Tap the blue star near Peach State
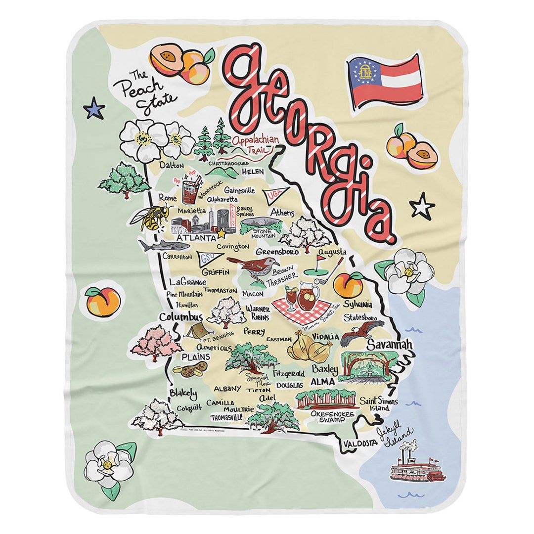[94, 108]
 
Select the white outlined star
[422, 206]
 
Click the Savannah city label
[389, 345]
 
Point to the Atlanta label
[190, 238]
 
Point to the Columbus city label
[181, 316]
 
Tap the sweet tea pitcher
[308, 295]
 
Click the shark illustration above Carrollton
[157, 245]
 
